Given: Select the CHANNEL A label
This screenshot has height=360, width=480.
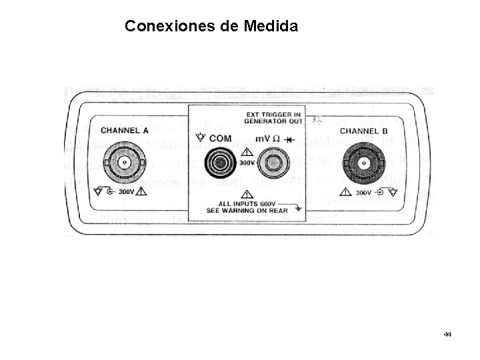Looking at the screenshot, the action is pos(125,130).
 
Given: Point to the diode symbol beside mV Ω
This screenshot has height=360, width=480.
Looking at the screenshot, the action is pos(289,139).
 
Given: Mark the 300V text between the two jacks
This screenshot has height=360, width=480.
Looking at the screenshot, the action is pos(246,162).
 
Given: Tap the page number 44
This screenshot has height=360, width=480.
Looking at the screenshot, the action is pos(447,333).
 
